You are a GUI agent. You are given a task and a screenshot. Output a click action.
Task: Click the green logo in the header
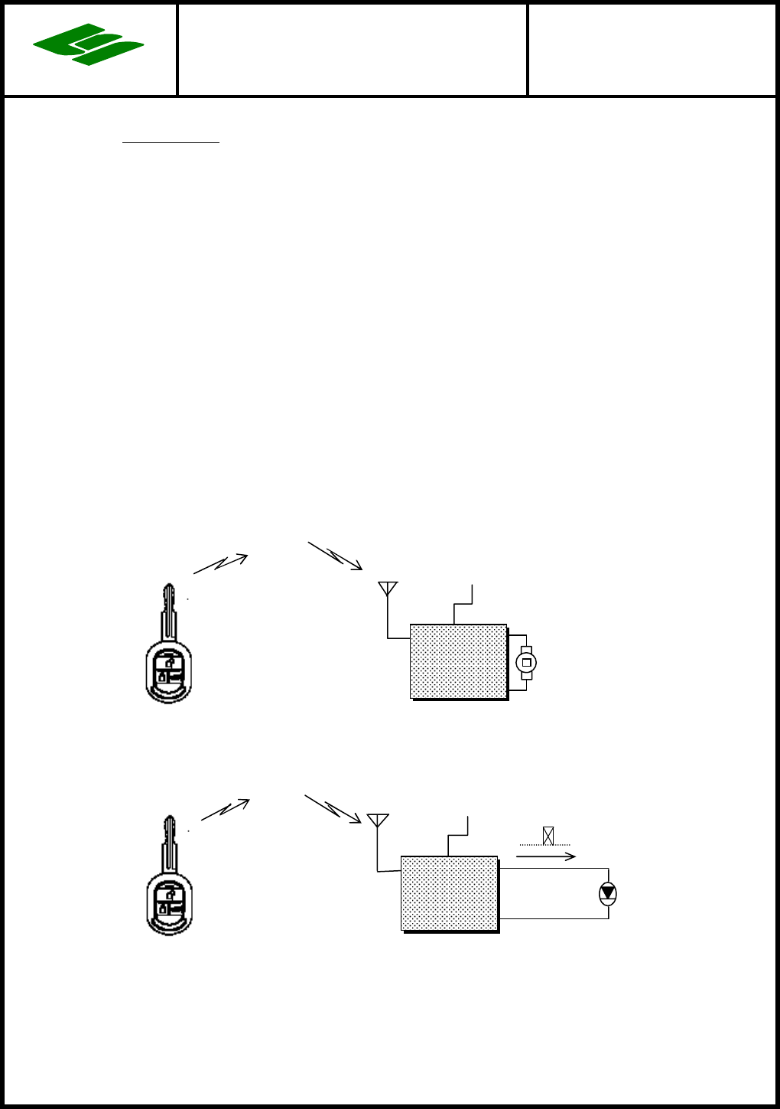click(89, 44)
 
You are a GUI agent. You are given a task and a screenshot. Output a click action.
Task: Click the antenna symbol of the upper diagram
click(388, 589)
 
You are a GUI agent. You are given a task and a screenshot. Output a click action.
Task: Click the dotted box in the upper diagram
click(459, 661)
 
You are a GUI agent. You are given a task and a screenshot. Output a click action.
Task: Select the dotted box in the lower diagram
click(450, 893)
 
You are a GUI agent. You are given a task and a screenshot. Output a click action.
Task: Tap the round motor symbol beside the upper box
click(526, 662)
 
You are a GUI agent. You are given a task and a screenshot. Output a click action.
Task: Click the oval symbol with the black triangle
click(607, 893)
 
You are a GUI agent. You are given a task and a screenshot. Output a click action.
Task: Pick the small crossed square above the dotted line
click(548, 836)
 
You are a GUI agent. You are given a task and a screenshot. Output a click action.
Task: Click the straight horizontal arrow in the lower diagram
click(546, 856)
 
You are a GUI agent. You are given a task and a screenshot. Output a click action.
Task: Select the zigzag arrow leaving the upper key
click(220, 563)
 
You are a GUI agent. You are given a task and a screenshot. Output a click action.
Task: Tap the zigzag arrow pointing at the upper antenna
click(335, 556)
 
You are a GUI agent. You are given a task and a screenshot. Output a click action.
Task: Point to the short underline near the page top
click(171, 142)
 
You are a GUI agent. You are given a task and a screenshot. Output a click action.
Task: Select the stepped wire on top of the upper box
click(463, 605)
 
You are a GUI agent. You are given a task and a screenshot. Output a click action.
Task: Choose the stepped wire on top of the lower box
click(457, 836)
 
